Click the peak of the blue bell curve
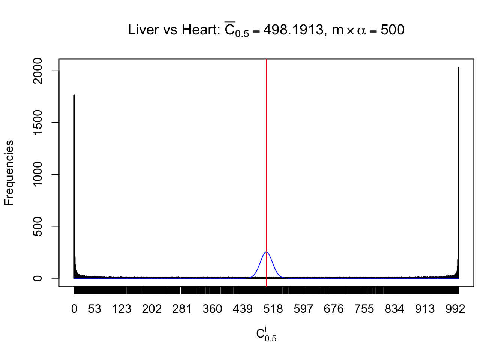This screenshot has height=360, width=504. click(x=266, y=252)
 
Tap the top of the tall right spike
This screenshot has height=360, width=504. click(x=458, y=68)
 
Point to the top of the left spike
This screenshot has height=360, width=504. click(x=74, y=95)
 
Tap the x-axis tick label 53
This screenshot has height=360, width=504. click(x=94, y=309)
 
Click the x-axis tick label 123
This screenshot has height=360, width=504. click(x=121, y=309)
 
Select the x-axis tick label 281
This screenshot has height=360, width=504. click(x=182, y=309)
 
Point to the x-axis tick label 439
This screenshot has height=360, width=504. click(x=243, y=309)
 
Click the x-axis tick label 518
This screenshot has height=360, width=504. click(x=273, y=309)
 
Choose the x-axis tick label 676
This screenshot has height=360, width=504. click(x=334, y=309)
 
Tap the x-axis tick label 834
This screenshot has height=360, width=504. click(x=394, y=309)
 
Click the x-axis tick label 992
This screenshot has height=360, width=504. click(x=455, y=309)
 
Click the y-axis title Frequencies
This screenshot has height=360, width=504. click(x=9, y=173)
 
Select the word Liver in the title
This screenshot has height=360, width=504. click(x=144, y=30)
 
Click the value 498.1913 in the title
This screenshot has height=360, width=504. click(x=293, y=30)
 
